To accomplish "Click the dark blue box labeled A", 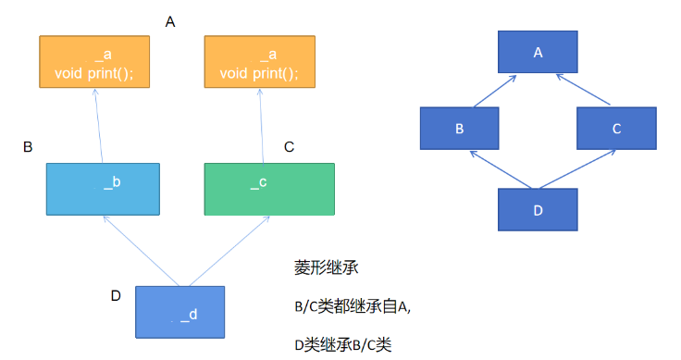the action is click(x=538, y=52).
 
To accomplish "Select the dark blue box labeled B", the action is click(x=460, y=128).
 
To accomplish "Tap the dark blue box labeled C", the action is click(x=617, y=128).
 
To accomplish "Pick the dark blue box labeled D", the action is click(x=538, y=210).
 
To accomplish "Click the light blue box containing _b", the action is click(x=103, y=189).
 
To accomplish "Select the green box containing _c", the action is click(x=269, y=189).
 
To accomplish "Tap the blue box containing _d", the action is click(x=180, y=312).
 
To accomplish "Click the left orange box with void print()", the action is click(x=94, y=62).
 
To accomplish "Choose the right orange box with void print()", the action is click(x=260, y=62).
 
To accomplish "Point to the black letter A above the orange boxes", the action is click(x=170, y=21).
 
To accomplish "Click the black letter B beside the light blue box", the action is click(x=28, y=147).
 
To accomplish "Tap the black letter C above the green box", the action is click(x=290, y=147).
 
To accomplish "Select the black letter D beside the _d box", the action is click(x=116, y=296).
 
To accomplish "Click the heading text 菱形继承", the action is click(x=327, y=267).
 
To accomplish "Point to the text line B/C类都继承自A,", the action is click(x=353, y=306).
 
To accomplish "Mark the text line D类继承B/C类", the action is click(x=343, y=345).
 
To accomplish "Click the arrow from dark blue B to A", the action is click(x=495, y=92).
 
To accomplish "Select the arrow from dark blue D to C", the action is click(x=577, y=169).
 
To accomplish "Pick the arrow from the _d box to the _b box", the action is click(x=142, y=251).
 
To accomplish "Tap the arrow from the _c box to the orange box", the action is click(x=262, y=127).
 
